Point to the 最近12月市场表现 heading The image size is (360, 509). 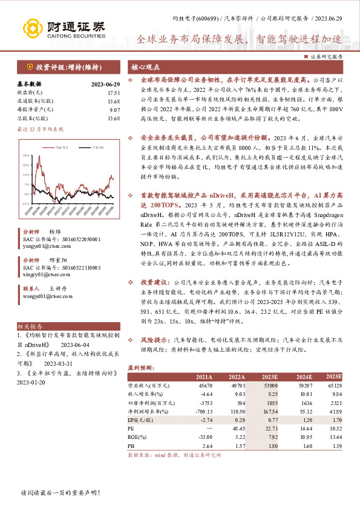[40, 129]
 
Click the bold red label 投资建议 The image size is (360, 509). [152, 282]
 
